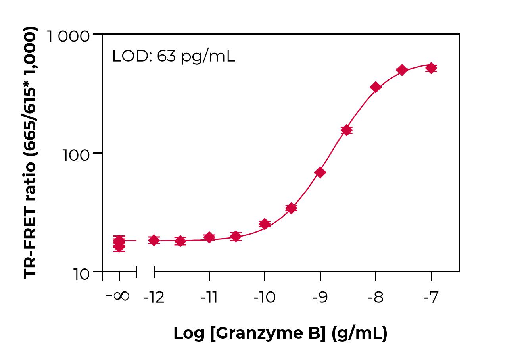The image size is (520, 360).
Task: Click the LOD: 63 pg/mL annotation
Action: pyautogui.click(x=174, y=56)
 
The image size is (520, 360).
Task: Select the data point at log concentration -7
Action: pyautogui.click(x=431, y=68)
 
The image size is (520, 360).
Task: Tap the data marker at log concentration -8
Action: pyautogui.click(x=376, y=87)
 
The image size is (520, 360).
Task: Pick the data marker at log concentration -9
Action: pyautogui.click(x=320, y=173)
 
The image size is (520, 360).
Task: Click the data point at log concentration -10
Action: pyautogui.click(x=265, y=224)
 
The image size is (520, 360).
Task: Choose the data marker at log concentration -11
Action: pyautogui.click(x=209, y=237)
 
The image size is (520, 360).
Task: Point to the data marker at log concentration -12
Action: pyautogui.click(x=154, y=240)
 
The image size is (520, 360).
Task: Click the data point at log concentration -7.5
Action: pyautogui.click(x=402, y=70)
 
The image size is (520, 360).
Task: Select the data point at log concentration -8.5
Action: pyautogui.click(x=346, y=130)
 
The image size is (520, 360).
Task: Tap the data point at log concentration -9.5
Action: pyautogui.click(x=292, y=208)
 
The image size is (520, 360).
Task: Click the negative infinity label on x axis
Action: pyautogui.click(x=118, y=296)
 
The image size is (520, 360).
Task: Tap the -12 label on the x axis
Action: pyautogui.click(x=154, y=298)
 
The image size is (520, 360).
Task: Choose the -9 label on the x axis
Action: pyautogui.click(x=320, y=298)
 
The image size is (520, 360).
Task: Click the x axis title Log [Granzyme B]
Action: pyautogui.click(x=280, y=334)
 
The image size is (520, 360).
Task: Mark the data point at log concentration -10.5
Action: pyautogui.click(x=236, y=237)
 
